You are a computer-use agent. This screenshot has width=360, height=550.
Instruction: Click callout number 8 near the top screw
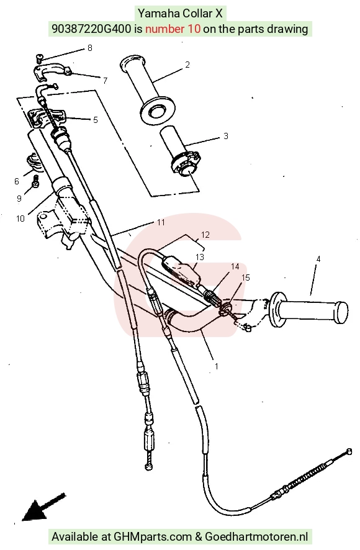pyautogui.click(x=90, y=48)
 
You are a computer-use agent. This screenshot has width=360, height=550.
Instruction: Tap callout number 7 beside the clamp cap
pyautogui.click(x=106, y=80)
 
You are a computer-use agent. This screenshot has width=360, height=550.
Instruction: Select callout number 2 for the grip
pyautogui.click(x=187, y=65)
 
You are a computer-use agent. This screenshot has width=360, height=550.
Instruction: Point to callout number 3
pyautogui.click(x=225, y=136)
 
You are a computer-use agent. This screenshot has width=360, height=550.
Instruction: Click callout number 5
pyautogui.click(x=96, y=120)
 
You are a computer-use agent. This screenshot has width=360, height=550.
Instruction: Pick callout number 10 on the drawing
pyautogui.click(x=20, y=219)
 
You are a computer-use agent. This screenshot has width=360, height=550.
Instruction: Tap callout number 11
pyautogui.click(x=161, y=222)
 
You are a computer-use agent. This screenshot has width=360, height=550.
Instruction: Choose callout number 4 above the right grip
pyautogui.click(x=318, y=259)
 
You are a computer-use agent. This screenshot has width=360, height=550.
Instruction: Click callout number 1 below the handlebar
pyautogui.click(x=217, y=366)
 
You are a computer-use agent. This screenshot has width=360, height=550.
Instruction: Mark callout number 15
pyautogui.click(x=246, y=278)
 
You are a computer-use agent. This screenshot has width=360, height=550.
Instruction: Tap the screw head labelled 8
pyautogui.click(x=39, y=56)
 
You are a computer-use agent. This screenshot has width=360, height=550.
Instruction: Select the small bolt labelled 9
pyautogui.click(x=35, y=182)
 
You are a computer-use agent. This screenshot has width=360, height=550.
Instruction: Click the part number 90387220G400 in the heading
pyautogui.click(x=91, y=29)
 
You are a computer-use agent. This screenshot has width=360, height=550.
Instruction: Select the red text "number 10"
pyautogui.click(x=173, y=29)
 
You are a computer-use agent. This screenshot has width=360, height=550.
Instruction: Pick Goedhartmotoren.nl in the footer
pyautogui.click(x=256, y=537)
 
